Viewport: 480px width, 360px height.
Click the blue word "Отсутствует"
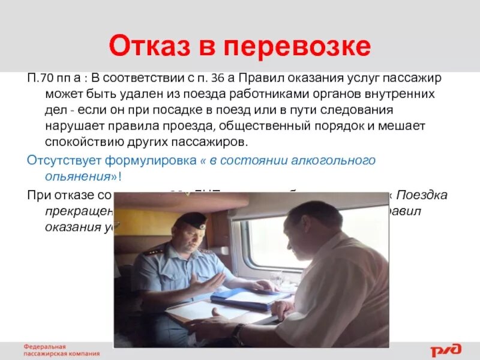65,161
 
